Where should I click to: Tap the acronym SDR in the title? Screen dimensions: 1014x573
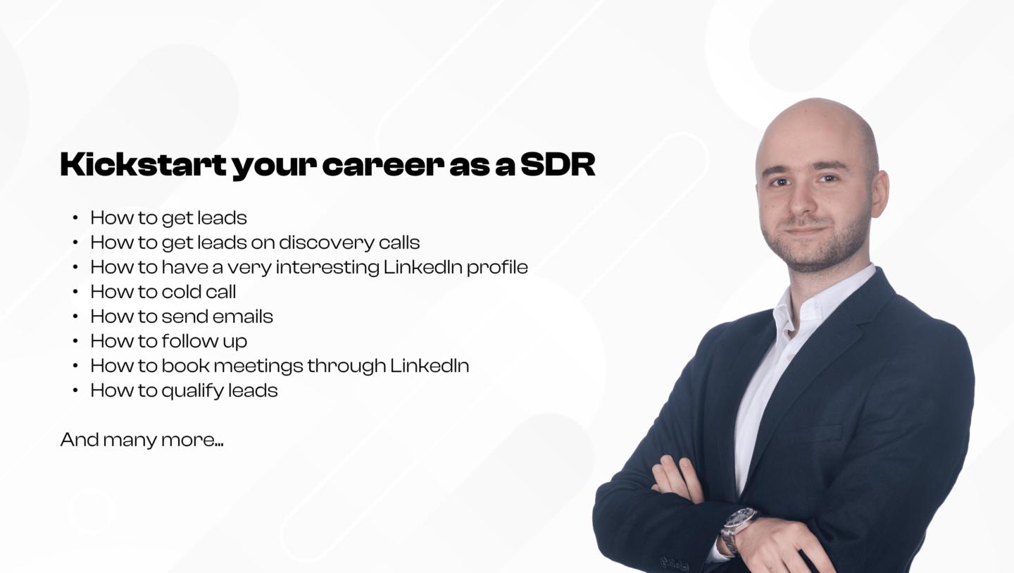(x=558, y=164)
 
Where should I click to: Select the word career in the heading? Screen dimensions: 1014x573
(x=383, y=166)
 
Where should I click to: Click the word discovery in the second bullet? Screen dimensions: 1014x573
(x=327, y=242)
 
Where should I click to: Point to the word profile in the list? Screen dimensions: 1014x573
(x=497, y=267)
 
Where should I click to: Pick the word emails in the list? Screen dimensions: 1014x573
(x=243, y=316)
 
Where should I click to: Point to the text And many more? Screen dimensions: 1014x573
(x=142, y=440)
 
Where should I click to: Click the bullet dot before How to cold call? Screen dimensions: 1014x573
(x=75, y=292)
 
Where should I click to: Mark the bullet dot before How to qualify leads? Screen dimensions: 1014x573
(x=75, y=390)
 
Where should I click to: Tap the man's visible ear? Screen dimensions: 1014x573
(x=880, y=193)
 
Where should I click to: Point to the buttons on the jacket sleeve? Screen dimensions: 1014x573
(x=675, y=564)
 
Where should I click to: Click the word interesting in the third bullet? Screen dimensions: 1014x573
(x=327, y=267)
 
